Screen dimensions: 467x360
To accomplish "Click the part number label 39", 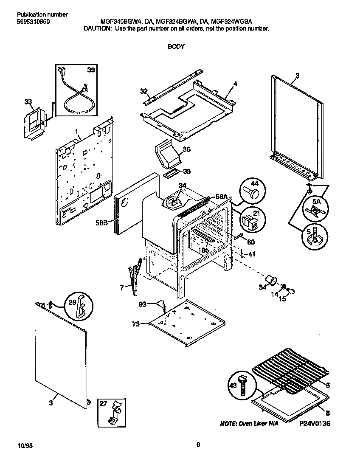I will point(91,70).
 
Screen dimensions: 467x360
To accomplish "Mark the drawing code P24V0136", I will point(315,424).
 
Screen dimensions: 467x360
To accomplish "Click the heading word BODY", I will point(176,47).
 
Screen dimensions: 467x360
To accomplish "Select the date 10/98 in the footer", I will point(25,445).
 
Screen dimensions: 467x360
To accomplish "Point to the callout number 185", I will point(204,250).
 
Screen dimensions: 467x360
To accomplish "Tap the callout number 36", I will point(186,149).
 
